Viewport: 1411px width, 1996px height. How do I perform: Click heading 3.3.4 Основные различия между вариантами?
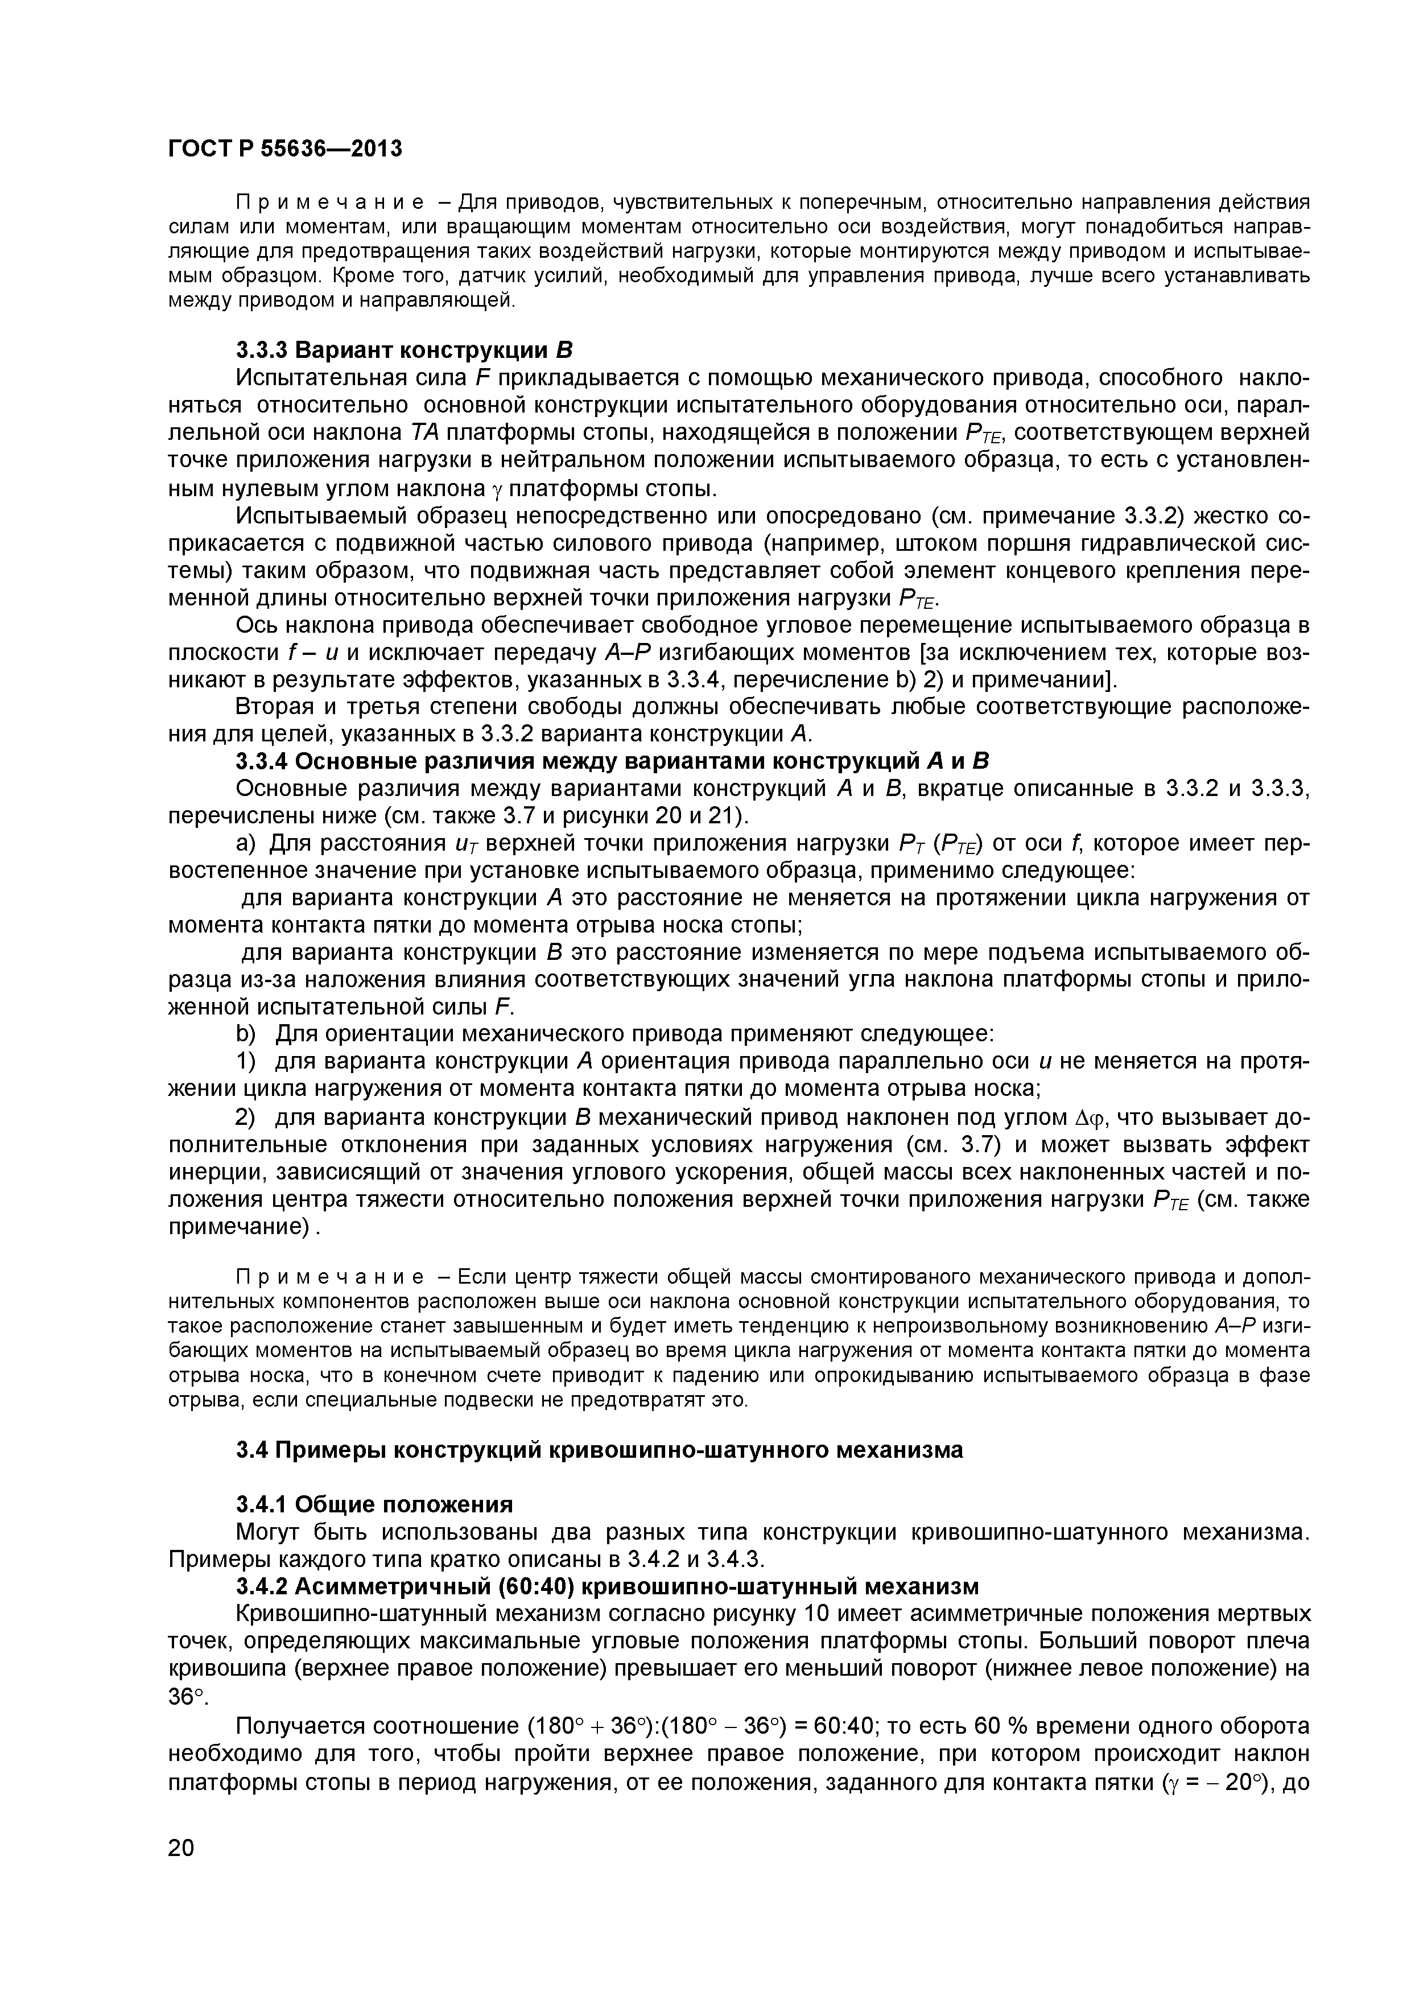click(x=613, y=761)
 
